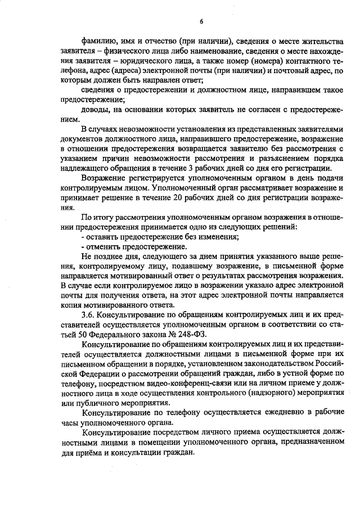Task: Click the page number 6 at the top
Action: coord(201,22)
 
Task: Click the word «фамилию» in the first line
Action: coord(99,42)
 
